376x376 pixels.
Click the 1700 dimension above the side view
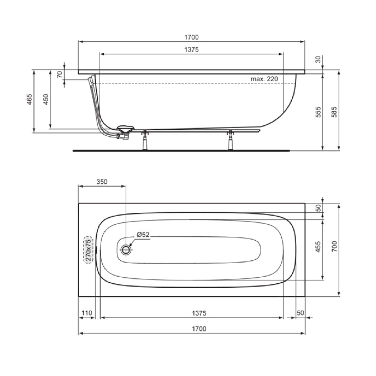(192, 37)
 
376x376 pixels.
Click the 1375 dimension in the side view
(192, 50)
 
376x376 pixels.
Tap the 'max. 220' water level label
(264, 79)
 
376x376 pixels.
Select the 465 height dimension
(29, 99)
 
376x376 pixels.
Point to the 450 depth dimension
(46, 99)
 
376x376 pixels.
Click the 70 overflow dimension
(60, 75)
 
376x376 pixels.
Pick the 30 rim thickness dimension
(318, 59)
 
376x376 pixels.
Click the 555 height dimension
(318, 112)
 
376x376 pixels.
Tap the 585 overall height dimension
(334, 112)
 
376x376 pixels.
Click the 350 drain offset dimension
(102, 182)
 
